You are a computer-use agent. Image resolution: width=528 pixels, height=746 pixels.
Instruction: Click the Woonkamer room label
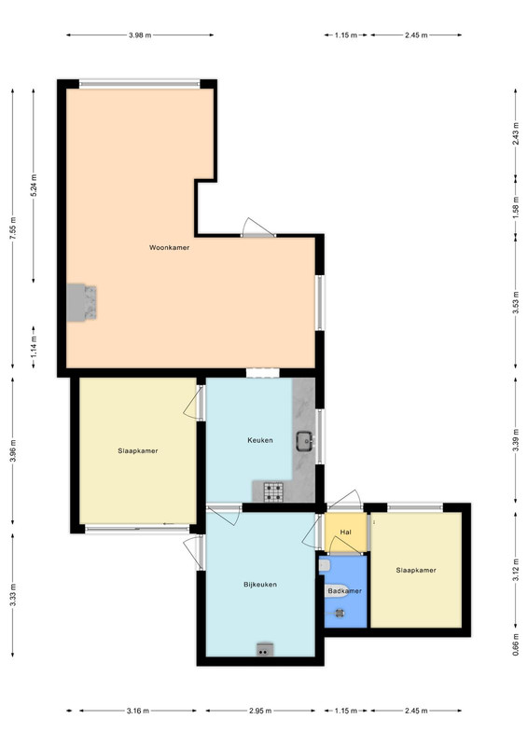pyautogui.click(x=169, y=247)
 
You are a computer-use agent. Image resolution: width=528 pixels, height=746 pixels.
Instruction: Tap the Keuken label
pyautogui.click(x=260, y=440)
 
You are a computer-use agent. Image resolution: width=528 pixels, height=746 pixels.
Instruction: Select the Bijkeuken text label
pyautogui.click(x=260, y=585)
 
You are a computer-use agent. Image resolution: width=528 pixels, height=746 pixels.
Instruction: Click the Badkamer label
pyautogui.click(x=345, y=591)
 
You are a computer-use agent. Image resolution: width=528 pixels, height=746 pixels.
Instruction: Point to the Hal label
pyautogui.click(x=346, y=532)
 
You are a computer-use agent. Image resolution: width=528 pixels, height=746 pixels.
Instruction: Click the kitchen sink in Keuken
pyautogui.click(x=304, y=441)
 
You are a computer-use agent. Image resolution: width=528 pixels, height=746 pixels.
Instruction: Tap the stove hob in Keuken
pyautogui.click(x=273, y=492)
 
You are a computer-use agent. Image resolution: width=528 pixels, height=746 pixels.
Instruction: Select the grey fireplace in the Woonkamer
pyautogui.click(x=81, y=302)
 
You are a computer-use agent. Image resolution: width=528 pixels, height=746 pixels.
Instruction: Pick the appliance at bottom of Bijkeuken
pyautogui.click(x=265, y=649)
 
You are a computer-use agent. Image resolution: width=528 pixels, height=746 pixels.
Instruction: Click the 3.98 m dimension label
pyautogui.click(x=140, y=35)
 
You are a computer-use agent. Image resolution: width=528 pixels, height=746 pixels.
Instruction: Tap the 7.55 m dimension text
pyautogui.click(x=13, y=228)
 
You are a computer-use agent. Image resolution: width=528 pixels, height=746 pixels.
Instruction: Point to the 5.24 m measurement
pyautogui.click(x=34, y=186)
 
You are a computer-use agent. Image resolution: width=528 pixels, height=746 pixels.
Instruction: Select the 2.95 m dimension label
pyautogui.click(x=260, y=711)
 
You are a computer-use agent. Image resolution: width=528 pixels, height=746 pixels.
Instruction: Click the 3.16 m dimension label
pyautogui.click(x=137, y=711)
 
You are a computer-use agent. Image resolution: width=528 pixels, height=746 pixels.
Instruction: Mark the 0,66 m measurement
pyautogui.click(x=516, y=644)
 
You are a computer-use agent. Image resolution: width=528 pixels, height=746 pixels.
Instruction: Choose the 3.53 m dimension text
pyautogui.click(x=516, y=302)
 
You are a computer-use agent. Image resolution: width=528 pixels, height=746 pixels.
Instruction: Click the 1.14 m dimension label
pyautogui.click(x=34, y=347)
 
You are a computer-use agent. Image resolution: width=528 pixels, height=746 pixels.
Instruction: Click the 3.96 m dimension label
pyautogui.click(x=13, y=450)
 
